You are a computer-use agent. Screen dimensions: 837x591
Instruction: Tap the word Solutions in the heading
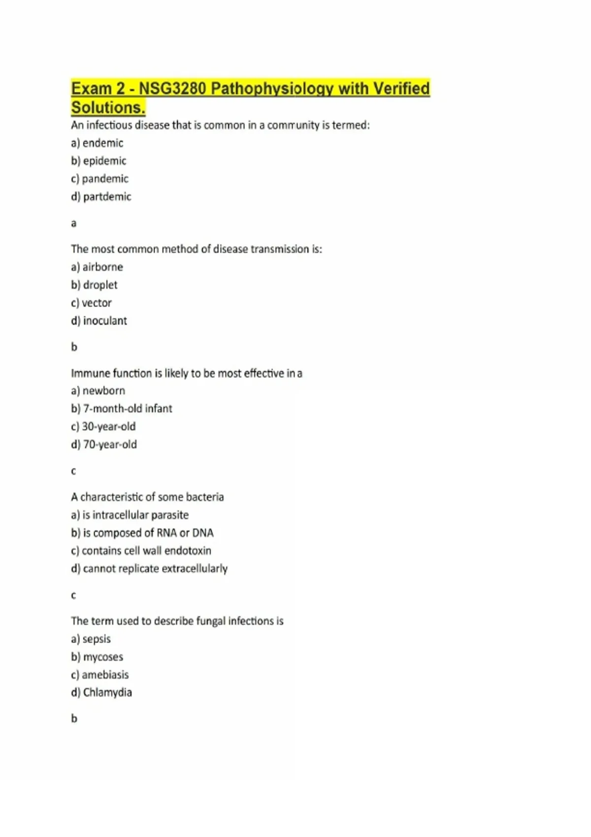point(108,107)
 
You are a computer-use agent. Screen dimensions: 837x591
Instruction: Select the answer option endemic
point(102,143)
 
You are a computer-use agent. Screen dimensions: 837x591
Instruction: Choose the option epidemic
point(104,161)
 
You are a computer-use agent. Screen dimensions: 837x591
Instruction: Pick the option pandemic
point(105,179)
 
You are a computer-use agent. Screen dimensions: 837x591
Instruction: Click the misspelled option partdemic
point(107,197)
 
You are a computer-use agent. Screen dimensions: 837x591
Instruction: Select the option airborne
point(102,267)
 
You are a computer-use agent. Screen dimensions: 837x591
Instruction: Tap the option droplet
point(100,285)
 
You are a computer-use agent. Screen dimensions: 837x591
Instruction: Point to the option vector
point(97,303)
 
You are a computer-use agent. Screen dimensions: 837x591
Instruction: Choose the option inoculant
point(105,321)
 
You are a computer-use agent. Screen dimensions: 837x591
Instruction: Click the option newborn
point(103,391)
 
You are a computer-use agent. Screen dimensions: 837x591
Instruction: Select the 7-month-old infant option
point(128,409)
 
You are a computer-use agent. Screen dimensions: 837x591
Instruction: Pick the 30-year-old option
point(108,426)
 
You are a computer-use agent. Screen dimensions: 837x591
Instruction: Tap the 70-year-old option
point(110,445)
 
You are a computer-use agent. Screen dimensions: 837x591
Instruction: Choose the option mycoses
point(103,657)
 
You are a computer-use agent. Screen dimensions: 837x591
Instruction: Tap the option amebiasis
point(105,675)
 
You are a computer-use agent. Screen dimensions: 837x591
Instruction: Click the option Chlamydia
point(107,693)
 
